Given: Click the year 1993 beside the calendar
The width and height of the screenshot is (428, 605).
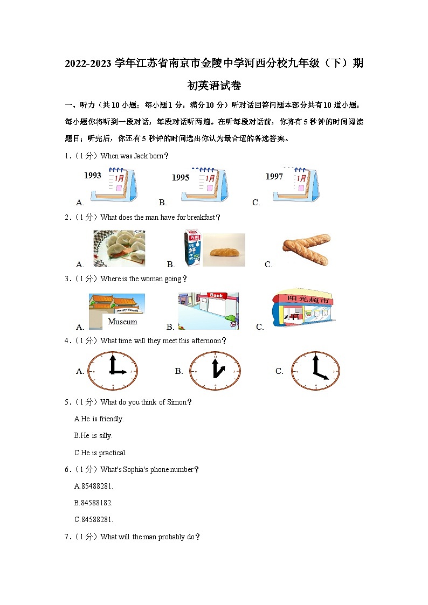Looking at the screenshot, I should [x=93, y=176].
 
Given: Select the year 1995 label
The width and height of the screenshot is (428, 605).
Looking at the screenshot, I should [x=181, y=178].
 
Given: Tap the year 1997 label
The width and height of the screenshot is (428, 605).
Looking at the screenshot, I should [x=274, y=177].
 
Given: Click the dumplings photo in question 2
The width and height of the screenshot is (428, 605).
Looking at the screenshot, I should [x=119, y=248].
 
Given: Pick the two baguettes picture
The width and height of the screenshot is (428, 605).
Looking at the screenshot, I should [x=306, y=249].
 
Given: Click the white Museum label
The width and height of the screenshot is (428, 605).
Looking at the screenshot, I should [x=122, y=322].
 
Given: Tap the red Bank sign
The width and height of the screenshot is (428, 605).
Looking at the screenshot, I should [x=216, y=296].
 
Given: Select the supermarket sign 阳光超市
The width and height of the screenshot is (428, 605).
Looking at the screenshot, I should [x=303, y=300].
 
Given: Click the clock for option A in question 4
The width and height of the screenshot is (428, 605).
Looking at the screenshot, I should [x=113, y=371].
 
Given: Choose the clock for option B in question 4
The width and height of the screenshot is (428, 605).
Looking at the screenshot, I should [x=215, y=371].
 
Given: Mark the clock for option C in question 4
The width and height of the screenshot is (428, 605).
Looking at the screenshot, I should [x=315, y=371].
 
